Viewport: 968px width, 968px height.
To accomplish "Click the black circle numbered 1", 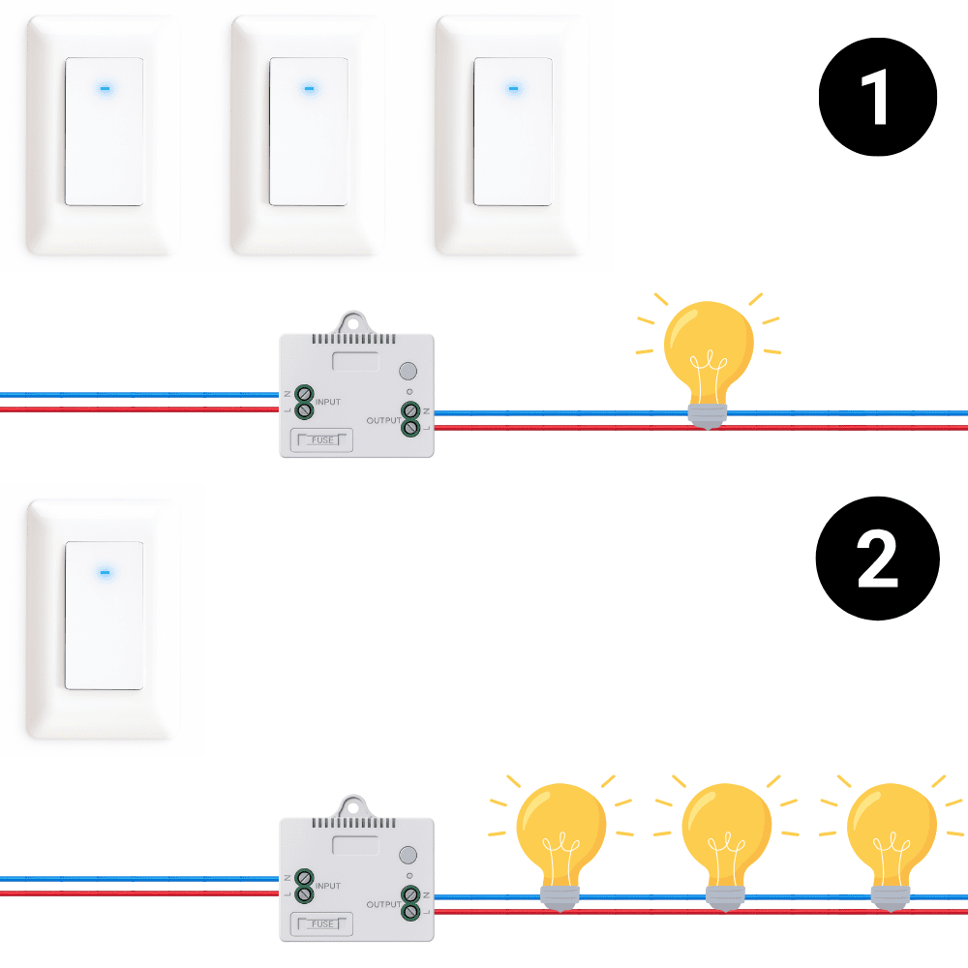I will pyautogui.click(x=878, y=97).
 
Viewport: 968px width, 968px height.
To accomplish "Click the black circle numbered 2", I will pyautogui.click(x=878, y=560).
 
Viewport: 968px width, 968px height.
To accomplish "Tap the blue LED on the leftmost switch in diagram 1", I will pyautogui.click(x=105, y=88).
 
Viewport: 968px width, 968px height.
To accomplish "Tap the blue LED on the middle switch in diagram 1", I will pyautogui.click(x=309, y=88).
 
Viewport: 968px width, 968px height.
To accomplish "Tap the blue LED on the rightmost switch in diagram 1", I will pyautogui.click(x=513, y=88).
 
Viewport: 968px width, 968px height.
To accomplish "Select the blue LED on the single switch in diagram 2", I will pyautogui.click(x=105, y=572).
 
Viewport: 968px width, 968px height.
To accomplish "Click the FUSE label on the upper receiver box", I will pyautogui.click(x=323, y=440).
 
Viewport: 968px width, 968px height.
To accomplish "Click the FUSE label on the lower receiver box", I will pyautogui.click(x=323, y=924).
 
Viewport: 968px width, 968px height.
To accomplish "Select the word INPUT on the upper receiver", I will pyautogui.click(x=328, y=401).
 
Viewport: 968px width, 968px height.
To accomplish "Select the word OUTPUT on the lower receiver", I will pyautogui.click(x=384, y=904).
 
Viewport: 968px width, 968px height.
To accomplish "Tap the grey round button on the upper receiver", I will pyautogui.click(x=408, y=371).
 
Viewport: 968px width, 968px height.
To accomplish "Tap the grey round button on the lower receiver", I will pyautogui.click(x=408, y=855).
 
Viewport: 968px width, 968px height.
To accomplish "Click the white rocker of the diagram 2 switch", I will pyautogui.click(x=105, y=616).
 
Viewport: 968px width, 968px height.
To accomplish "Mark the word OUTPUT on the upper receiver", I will pyautogui.click(x=384, y=420).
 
